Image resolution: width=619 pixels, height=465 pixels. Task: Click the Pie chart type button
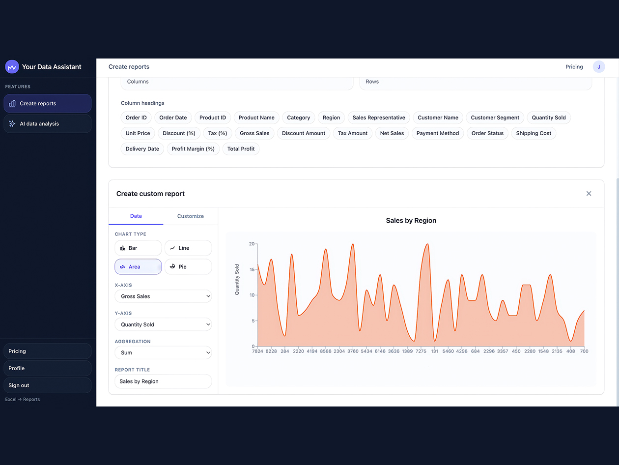(188, 266)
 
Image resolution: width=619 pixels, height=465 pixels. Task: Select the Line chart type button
(188, 248)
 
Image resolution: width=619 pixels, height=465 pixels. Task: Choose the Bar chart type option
(138, 248)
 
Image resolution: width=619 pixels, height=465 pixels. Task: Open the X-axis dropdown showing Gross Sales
(163, 296)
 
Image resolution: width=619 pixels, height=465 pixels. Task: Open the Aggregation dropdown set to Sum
(163, 352)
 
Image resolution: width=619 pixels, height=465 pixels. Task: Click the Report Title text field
(163, 381)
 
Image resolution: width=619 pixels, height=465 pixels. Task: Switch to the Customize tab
(190, 216)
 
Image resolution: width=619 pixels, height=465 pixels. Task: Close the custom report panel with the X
(589, 194)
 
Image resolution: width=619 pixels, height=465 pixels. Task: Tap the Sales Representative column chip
(379, 117)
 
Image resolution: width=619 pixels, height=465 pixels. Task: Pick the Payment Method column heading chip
(437, 133)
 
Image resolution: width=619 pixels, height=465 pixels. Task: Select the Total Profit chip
(241, 149)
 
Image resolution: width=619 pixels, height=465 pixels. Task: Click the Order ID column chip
(136, 117)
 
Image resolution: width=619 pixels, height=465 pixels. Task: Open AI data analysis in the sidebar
(48, 124)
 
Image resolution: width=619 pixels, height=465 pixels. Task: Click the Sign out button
(48, 385)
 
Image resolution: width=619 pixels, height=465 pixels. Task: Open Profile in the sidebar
(48, 368)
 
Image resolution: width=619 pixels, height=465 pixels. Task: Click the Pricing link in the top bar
(574, 67)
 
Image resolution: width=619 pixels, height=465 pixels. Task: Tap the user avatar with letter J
(598, 67)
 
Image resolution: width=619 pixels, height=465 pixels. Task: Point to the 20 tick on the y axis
(252, 244)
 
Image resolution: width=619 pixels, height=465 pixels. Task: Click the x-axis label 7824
(257, 351)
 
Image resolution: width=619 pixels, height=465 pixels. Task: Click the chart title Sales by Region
(411, 221)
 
